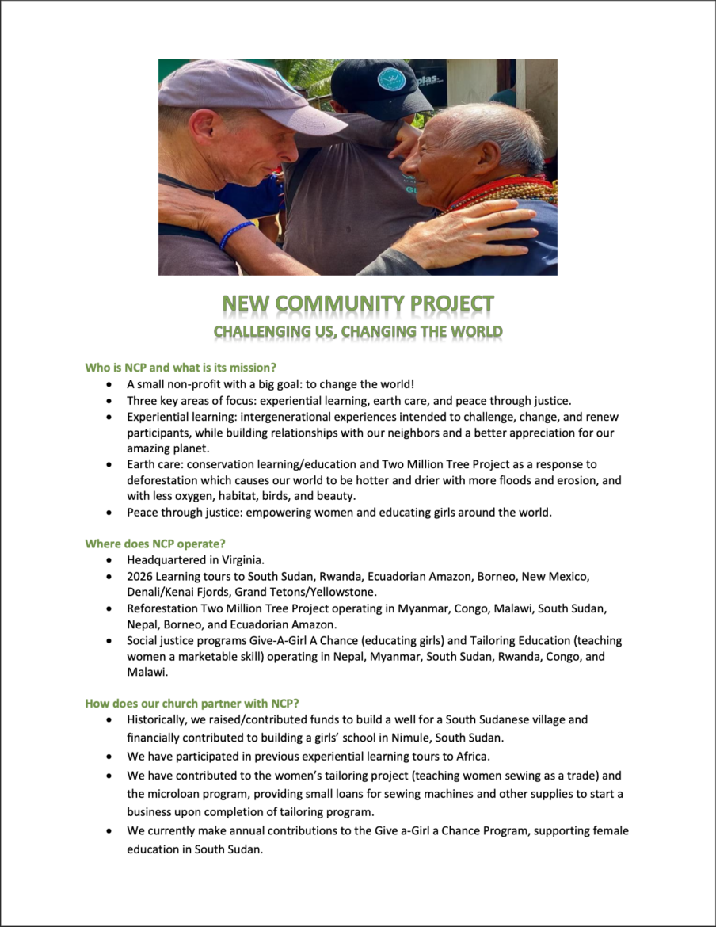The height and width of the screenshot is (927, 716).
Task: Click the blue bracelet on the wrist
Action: click(236, 234)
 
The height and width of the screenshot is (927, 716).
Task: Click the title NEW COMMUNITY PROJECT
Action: click(358, 304)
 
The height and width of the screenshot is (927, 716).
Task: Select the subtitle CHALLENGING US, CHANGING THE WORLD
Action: click(358, 331)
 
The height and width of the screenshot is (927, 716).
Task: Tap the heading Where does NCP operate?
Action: click(155, 544)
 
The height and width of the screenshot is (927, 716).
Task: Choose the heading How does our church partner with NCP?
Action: click(187, 703)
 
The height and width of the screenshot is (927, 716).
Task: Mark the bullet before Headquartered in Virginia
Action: click(109, 560)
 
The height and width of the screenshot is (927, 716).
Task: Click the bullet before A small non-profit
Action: click(109, 384)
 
